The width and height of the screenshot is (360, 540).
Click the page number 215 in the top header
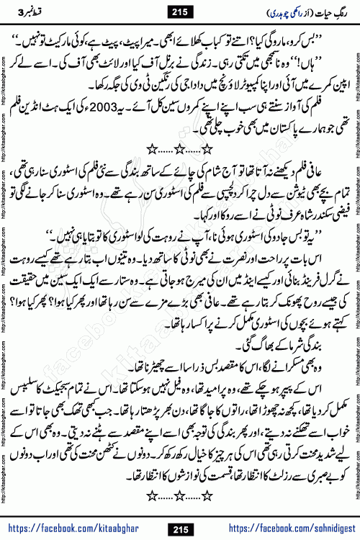tap(180, 11)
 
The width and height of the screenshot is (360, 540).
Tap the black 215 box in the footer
tap(180, 530)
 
